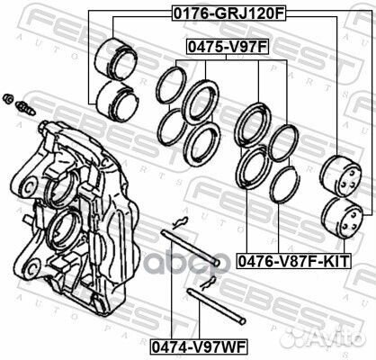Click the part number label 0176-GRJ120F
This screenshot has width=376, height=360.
point(228,13)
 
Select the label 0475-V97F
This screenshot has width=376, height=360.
point(227,47)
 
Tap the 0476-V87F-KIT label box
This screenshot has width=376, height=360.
point(293,261)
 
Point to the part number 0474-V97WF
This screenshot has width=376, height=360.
point(199,347)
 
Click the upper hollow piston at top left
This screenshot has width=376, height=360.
point(116,59)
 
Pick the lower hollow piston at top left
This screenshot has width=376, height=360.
point(118,102)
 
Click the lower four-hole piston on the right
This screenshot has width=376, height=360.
point(342,218)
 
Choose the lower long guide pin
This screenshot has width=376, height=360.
point(216,306)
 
